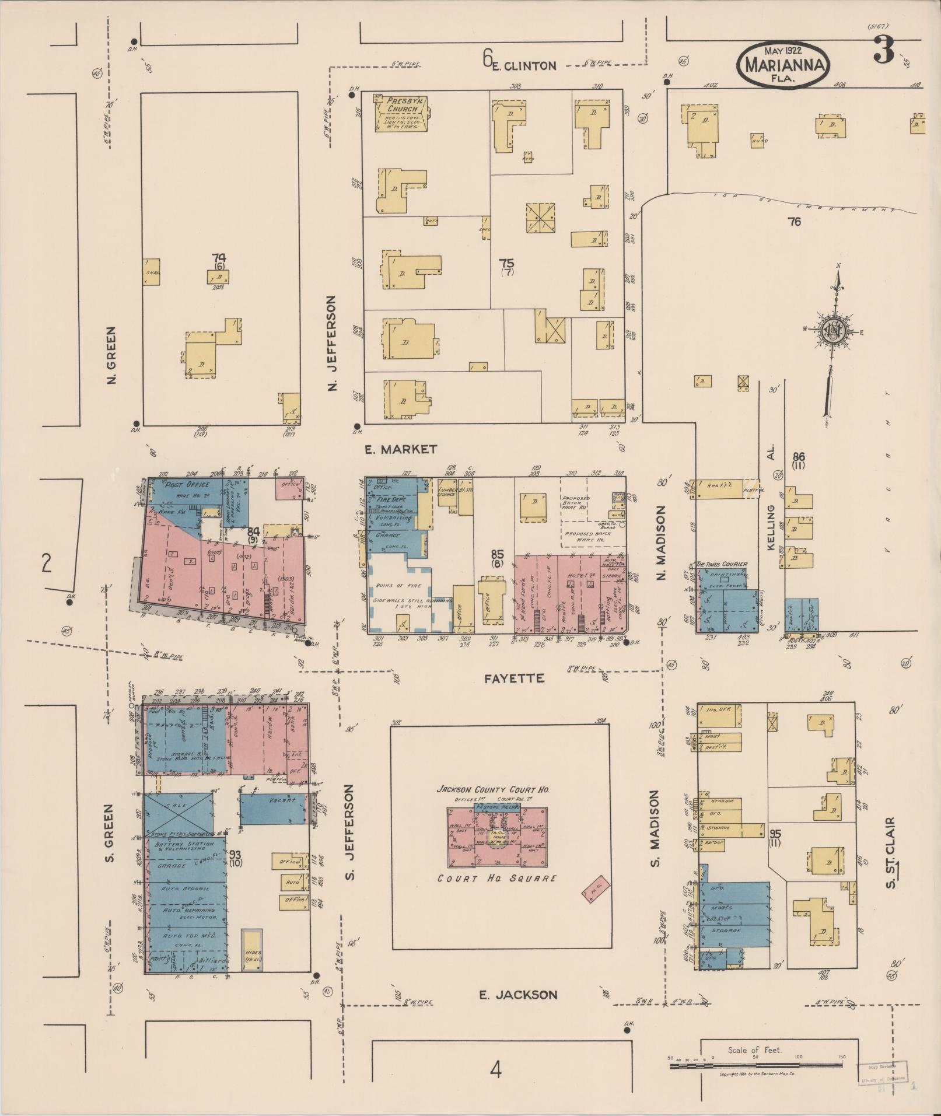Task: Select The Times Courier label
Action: (x=722, y=565)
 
